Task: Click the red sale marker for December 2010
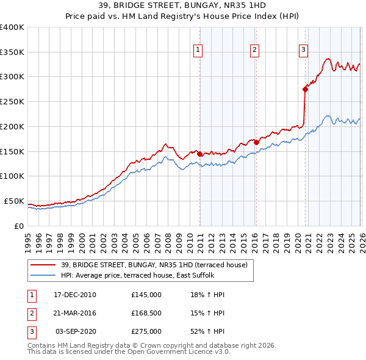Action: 199,154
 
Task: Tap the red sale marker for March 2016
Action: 256,142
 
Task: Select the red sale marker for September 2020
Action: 305,89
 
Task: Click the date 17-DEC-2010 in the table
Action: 75,295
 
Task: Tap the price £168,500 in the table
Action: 146,313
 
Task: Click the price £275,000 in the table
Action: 146,331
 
